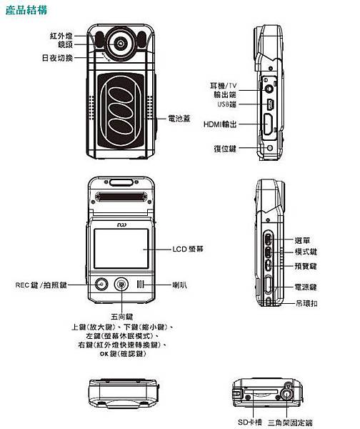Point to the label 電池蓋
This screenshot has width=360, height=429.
176,117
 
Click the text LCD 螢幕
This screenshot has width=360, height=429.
190,250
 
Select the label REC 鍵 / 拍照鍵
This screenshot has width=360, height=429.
41,285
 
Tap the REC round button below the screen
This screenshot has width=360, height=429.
101,285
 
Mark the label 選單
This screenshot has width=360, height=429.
302,240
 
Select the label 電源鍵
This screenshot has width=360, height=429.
305,287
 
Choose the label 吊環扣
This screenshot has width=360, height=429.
305,303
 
